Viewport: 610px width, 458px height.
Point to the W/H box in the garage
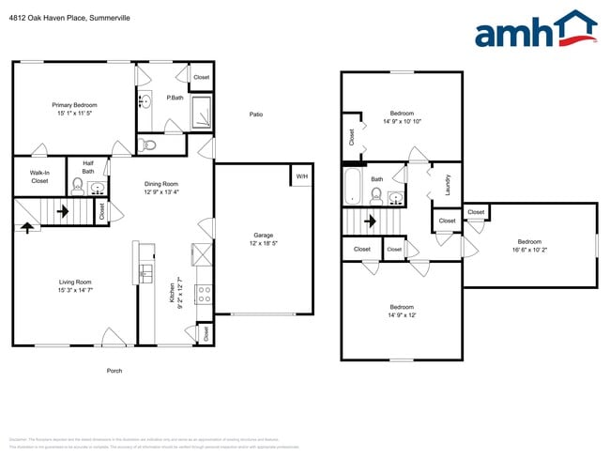301,176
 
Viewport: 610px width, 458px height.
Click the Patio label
255,114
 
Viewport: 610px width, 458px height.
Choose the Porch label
114,370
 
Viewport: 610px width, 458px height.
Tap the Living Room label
76,282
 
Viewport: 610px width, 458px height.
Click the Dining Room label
160,184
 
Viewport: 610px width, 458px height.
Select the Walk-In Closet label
39,176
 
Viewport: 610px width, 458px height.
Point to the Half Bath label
88,167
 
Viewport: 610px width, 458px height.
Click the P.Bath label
175,98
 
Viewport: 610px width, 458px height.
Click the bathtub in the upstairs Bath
353,186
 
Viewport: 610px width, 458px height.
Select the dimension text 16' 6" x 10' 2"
529,250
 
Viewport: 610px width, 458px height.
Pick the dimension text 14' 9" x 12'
402,315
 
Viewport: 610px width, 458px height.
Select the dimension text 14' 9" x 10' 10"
402,121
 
